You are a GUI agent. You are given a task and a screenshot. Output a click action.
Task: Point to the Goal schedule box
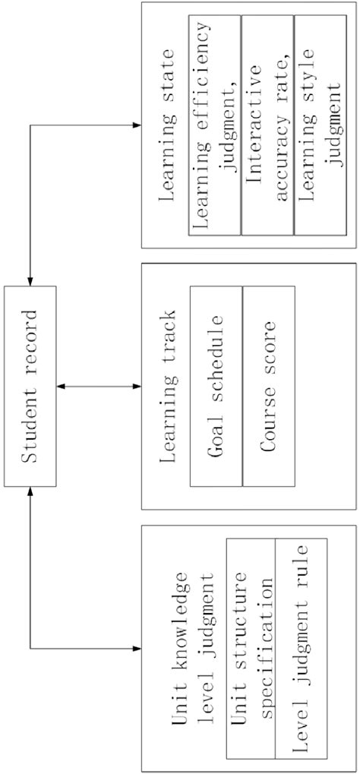pos(216,387)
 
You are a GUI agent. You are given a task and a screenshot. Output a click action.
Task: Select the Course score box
pos(269,387)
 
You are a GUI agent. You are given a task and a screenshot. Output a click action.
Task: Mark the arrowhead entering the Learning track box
pos(137,387)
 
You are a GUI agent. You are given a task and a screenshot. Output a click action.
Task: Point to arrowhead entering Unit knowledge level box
pos(137,648)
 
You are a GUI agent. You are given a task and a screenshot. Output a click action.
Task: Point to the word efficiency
pos(203,87)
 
